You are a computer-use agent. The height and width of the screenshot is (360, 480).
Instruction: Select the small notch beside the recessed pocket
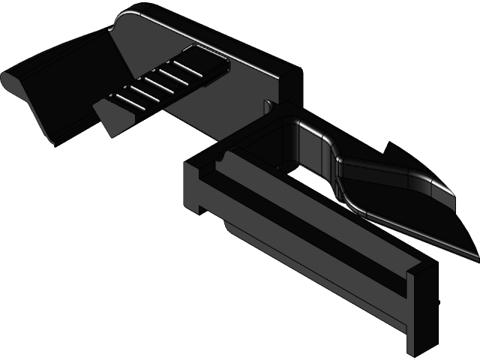click(269, 106)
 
